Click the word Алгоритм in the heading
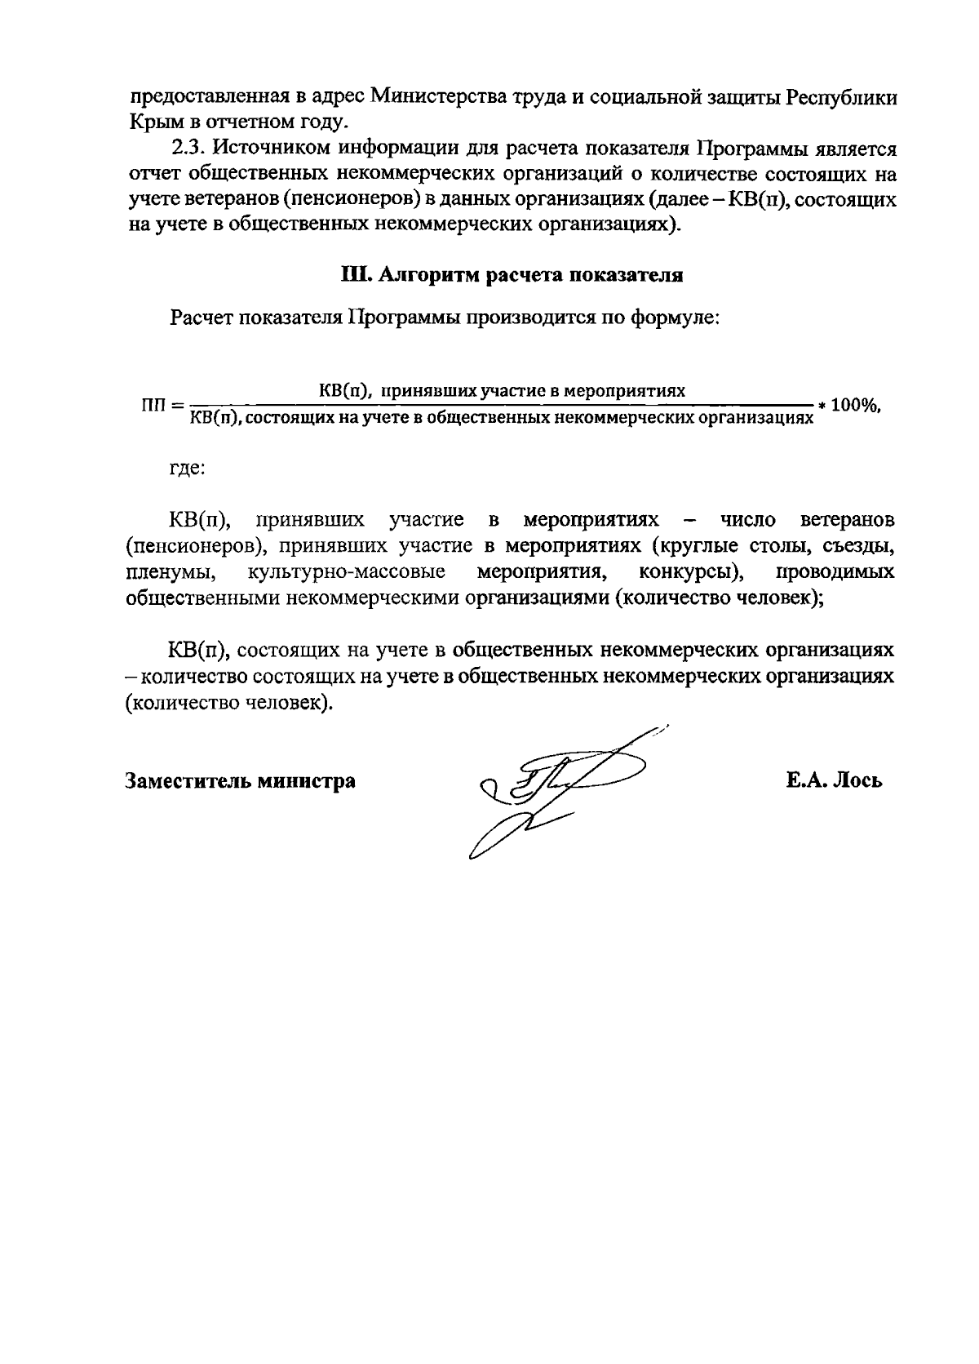click(x=422, y=275)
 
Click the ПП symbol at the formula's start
click(x=154, y=405)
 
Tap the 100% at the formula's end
click(x=856, y=405)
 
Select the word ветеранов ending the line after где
click(x=848, y=520)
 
